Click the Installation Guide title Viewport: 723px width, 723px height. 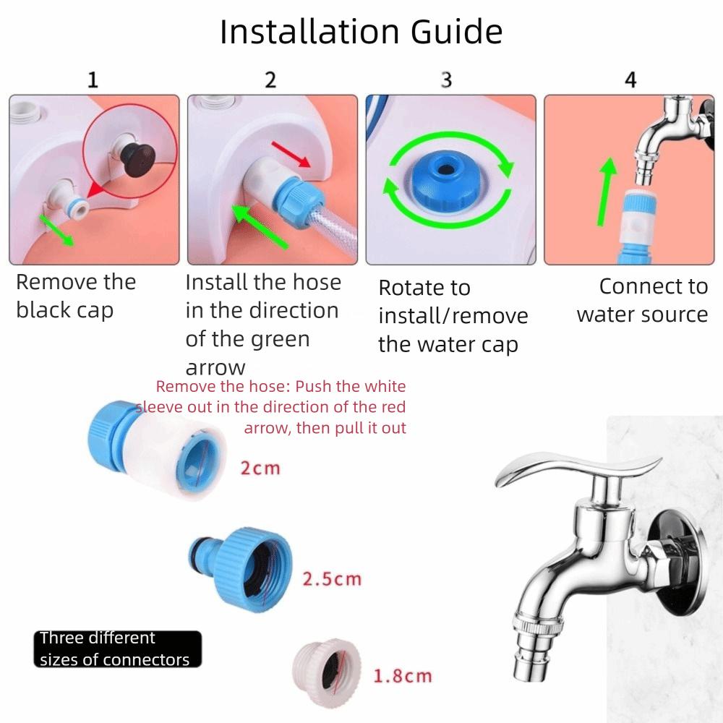pyautogui.click(x=361, y=33)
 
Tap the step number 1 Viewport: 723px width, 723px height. pyautogui.click(x=93, y=80)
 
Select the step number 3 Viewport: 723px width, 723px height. pyautogui.click(x=446, y=80)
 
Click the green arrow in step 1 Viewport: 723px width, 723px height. pyautogui.click(x=56, y=229)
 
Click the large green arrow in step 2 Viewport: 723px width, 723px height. pyautogui.click(x=259, y=226)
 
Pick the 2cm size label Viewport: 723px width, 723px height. pyautogui.click(x=260, y=469)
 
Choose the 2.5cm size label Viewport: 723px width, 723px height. pyautogui.click(x=331, y=579)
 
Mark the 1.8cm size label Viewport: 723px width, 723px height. pyautogui.click(x=402, y=677)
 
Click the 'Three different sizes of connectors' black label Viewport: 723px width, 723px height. pyautogui.click(x=117, y=649)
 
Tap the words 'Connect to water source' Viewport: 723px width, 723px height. pyautogui.click(x=642, y=300)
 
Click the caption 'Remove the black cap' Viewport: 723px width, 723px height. pyautogui.click(x=76, y=296)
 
